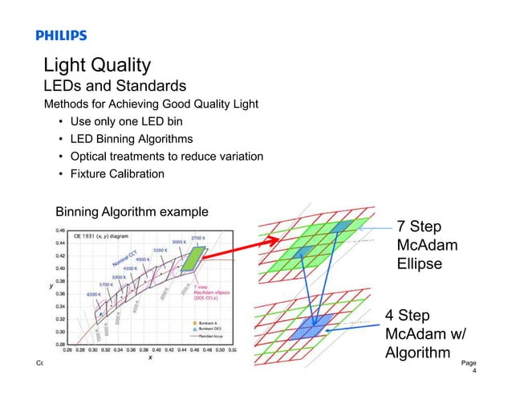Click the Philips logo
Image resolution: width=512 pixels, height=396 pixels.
(x=61, y=35)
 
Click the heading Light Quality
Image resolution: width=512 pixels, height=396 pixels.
(x=97, y=65)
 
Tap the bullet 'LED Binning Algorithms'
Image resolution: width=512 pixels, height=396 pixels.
(x=133, y=139)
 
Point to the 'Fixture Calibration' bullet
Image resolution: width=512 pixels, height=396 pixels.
(x=117, y=174)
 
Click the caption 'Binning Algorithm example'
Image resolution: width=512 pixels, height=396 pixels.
(x=132, y=212)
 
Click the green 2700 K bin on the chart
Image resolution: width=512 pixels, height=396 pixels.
(x=193, y=259)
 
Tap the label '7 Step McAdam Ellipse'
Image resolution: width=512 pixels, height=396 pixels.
(x=422, y=243)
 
